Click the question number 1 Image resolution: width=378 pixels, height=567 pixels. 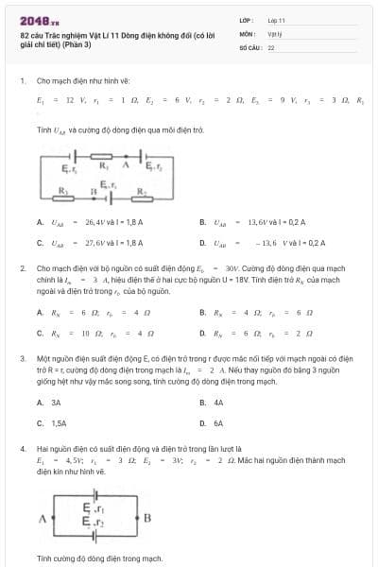22,81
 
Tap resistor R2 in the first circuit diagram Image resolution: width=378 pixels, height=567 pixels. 140,190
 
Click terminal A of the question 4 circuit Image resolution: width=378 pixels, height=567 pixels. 42,517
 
